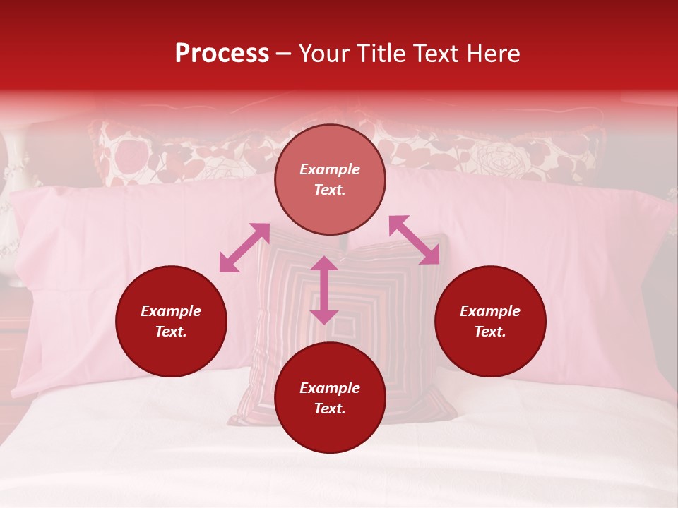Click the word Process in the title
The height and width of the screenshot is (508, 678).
222,53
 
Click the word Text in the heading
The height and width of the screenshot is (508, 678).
435,53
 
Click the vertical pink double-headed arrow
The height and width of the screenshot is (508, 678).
324,290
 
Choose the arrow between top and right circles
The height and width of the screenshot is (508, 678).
414,240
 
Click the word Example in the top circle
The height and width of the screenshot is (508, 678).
330,169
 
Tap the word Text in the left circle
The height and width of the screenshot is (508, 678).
171,332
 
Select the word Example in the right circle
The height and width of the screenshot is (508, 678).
490,311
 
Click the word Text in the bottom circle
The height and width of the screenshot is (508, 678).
330,409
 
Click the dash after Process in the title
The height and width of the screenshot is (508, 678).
284,54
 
